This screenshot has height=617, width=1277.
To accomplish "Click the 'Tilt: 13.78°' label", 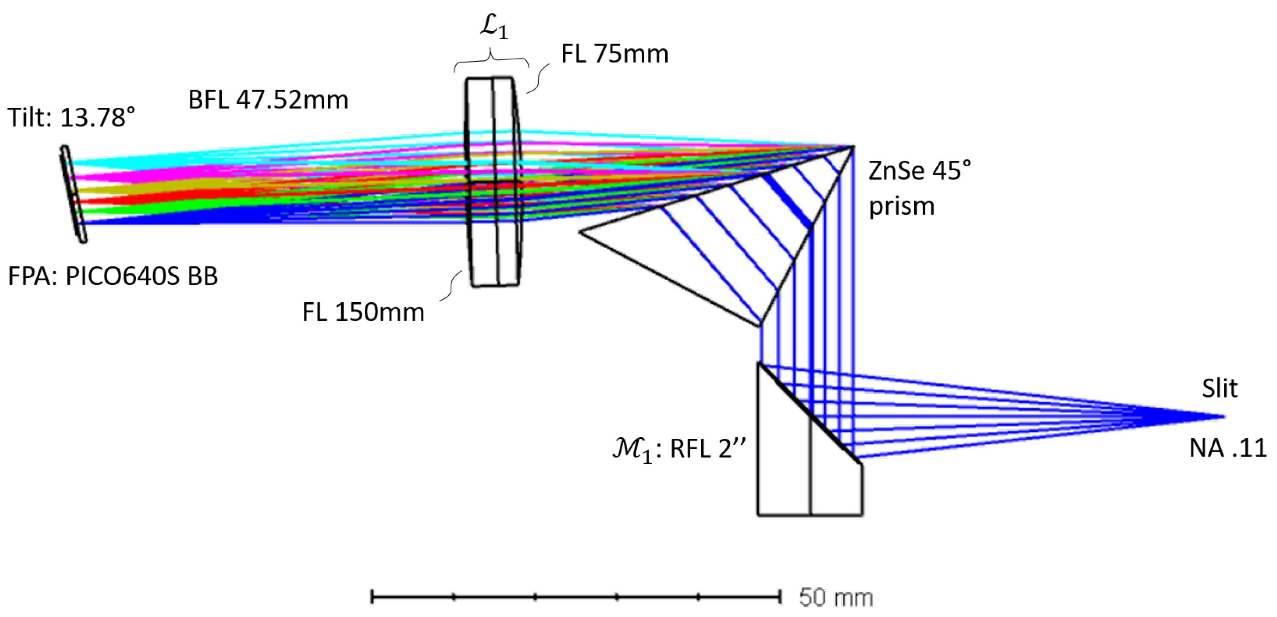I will coord(71,118).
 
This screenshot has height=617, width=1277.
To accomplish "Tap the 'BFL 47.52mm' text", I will coord(268,100).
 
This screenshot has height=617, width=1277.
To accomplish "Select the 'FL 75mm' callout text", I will coord(615,53).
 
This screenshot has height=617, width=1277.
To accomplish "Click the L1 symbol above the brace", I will coord(494,28).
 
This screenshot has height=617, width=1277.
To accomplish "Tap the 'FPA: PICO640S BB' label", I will coord(113,276).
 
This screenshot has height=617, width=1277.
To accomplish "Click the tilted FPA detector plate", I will coord(73,193).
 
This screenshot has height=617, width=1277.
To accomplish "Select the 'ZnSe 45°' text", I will coord(919,171).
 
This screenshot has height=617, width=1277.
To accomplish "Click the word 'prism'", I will coord(901,206).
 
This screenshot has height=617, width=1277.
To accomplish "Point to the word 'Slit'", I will coord(1220,388).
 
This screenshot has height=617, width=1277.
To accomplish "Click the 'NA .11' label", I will coord(1228,448).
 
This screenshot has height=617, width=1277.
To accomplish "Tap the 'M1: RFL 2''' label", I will coord(679,450).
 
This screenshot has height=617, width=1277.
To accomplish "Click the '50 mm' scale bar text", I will coord(836,597).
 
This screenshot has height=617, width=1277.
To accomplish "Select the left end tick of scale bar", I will coord(372,597).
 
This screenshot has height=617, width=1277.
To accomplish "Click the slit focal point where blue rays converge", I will coord(1224,417).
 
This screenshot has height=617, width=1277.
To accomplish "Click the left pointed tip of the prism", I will coord(580,232).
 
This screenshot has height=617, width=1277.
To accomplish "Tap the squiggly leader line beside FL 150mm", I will coord(452,286).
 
